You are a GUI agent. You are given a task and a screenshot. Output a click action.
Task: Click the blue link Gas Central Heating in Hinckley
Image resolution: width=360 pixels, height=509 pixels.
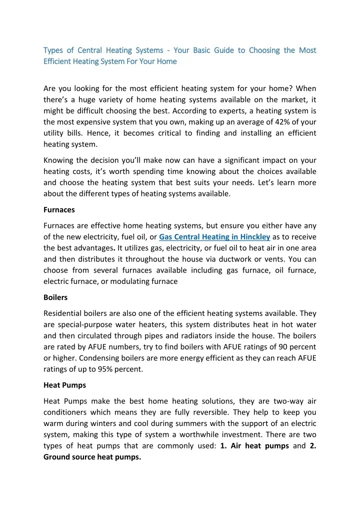point(214,237)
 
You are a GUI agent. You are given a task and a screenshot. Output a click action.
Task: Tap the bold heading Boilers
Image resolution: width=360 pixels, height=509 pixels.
point(55,297)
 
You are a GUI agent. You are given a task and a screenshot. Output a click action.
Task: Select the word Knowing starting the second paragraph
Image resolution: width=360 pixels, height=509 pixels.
point(60,160)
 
